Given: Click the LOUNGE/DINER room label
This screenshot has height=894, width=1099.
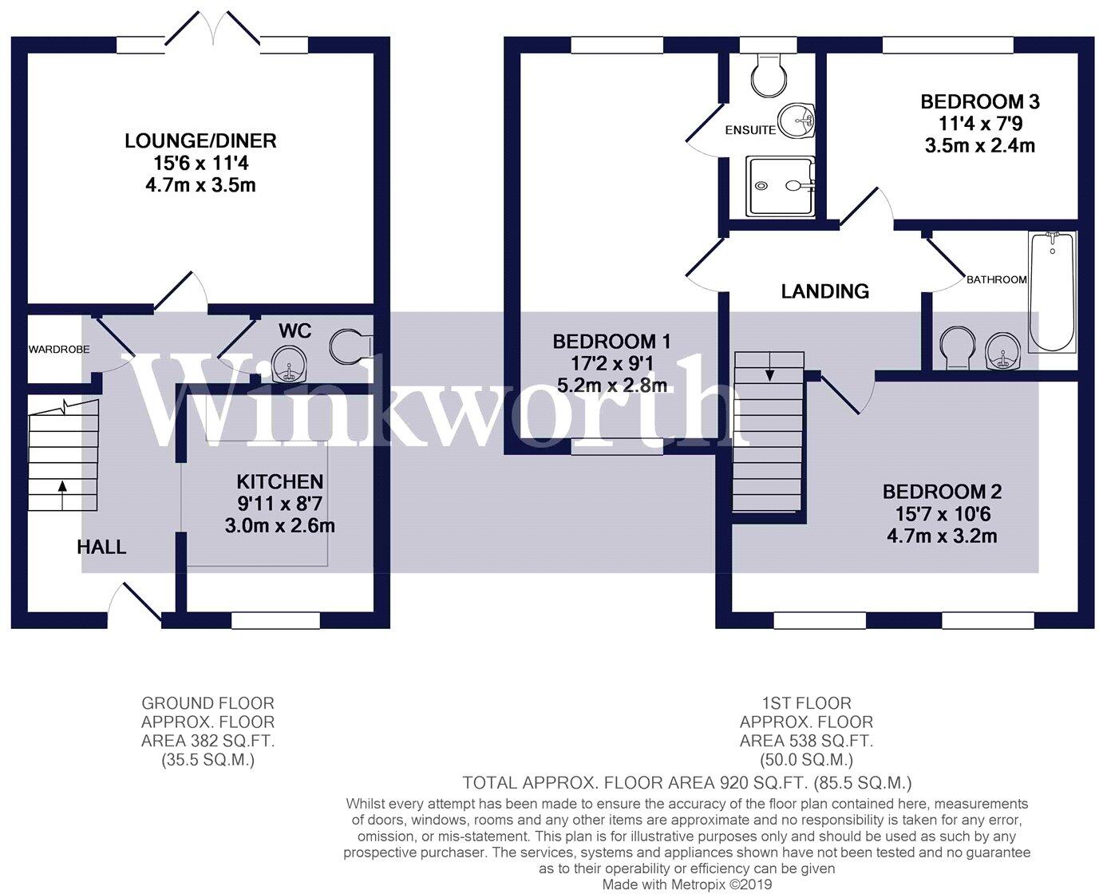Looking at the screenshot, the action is [200, 140].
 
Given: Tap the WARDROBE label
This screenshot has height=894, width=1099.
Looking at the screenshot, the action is [59, 350].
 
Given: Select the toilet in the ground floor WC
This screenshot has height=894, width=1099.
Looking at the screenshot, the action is [351, 345].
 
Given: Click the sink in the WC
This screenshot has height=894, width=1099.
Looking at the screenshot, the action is [289, 364].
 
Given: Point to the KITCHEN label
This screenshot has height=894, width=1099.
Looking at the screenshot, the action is [279, 482].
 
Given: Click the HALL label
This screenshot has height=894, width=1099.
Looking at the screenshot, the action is [101, 547].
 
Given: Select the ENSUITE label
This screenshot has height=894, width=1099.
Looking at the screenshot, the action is [750, 130].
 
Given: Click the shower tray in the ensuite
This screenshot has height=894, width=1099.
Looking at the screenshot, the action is [780, 186].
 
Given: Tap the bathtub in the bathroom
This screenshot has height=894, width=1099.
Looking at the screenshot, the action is [1052, 292].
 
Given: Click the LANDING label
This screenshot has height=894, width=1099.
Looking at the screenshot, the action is [825, 291].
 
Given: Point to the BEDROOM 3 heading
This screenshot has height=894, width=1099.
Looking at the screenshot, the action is [980, 101].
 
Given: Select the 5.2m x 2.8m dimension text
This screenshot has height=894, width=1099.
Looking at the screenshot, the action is [612, 385].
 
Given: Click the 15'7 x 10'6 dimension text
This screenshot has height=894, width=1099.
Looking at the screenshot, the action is [942, 514].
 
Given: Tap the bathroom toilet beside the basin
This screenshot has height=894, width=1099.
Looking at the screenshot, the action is [957, 348].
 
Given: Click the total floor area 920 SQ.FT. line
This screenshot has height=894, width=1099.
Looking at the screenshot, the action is [686, 783].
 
